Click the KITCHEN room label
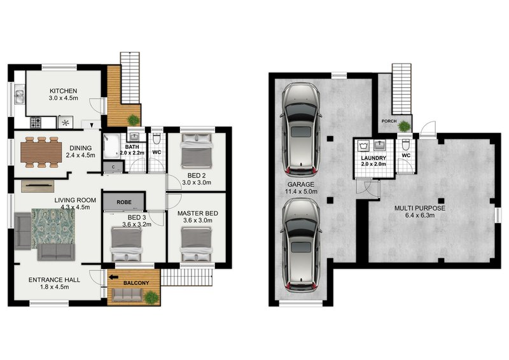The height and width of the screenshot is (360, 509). tap(63, 91)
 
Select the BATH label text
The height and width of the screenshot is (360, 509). tap(132, 147)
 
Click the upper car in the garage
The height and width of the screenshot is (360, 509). tap(302, 129)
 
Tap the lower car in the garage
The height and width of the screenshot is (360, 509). tap(302, 243)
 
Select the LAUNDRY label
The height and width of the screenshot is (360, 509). tap(373, 158)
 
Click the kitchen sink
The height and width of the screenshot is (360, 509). tap(19, 97)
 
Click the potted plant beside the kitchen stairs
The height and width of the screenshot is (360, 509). tap(133, 119)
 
